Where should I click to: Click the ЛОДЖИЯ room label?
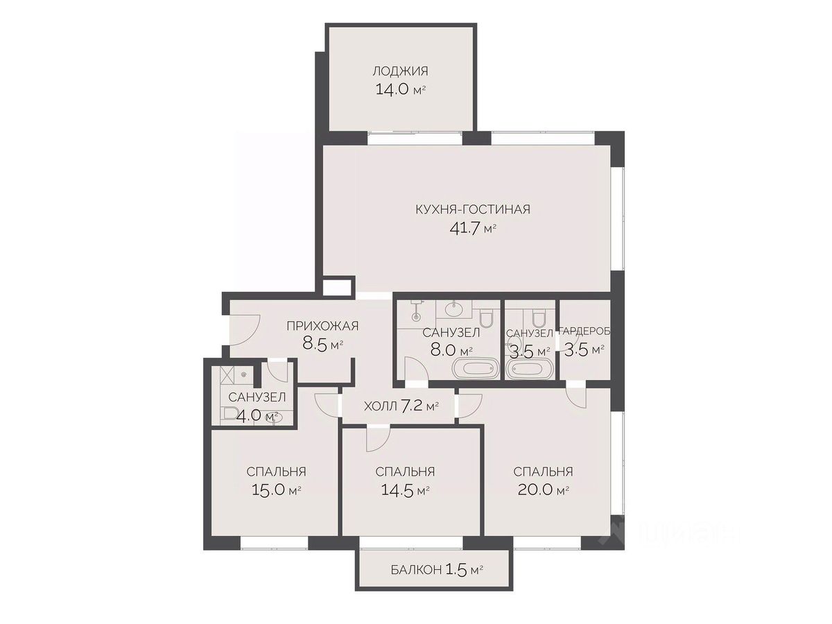[400, 71]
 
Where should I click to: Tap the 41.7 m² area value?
[473, 228]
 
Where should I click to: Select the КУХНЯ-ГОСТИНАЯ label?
[473, 209]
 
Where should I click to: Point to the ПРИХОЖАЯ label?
[322, 326]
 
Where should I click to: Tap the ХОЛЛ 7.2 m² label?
[401, 406]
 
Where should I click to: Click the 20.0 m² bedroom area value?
[543, 490]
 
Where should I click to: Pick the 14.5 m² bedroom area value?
[405, 490]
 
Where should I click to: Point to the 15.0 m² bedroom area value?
[276, 490]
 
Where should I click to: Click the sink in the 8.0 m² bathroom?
[453, 311]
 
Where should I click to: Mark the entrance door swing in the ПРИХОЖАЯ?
[245, 329]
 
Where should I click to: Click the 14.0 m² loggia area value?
[400, 90]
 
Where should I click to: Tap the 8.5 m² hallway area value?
[322, 345]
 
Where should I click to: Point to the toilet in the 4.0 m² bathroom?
[230, 413]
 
